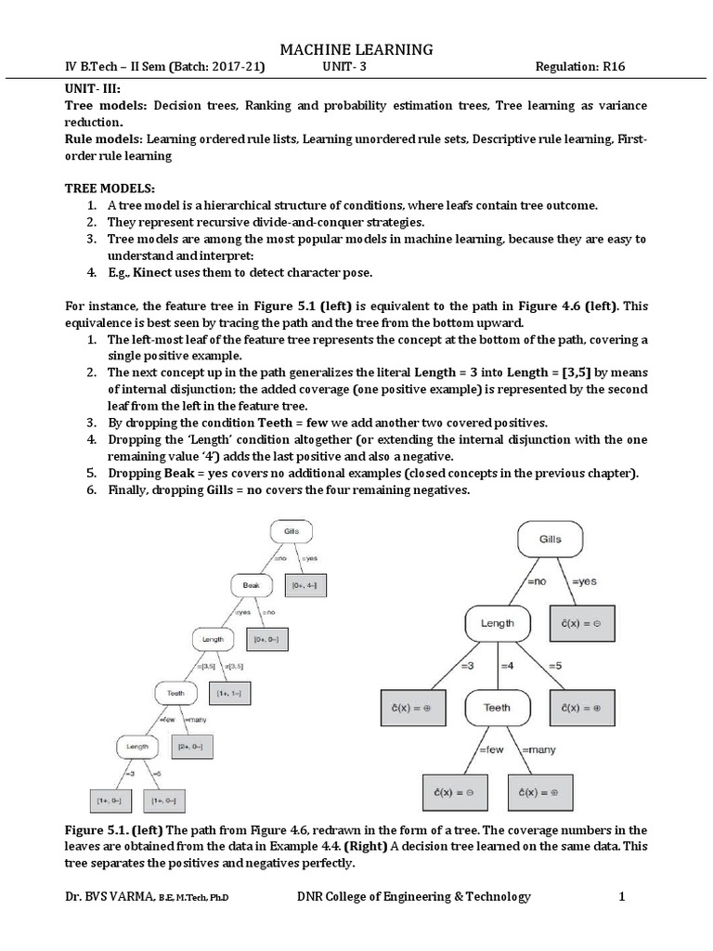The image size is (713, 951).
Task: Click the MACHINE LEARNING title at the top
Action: point(356,48)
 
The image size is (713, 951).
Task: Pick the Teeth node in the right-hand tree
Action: point(498,707)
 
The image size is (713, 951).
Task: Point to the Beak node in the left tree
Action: point(252,585)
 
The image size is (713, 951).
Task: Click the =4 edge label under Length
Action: point(507,665)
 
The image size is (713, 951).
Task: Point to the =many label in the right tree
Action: point(538,749)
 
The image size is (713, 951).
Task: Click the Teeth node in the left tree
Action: point(175,692)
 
